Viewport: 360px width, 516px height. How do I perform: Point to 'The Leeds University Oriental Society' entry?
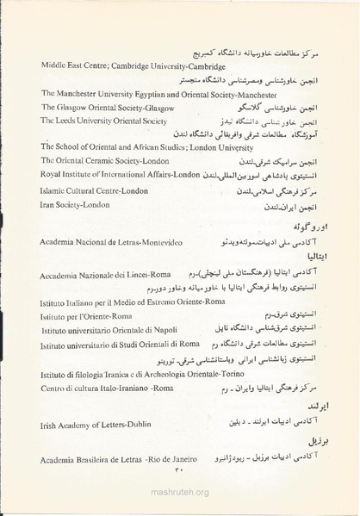(103, 121)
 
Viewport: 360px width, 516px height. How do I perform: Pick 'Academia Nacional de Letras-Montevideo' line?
(114, 243)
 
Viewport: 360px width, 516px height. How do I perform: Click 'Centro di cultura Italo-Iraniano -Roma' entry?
(107, 389)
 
